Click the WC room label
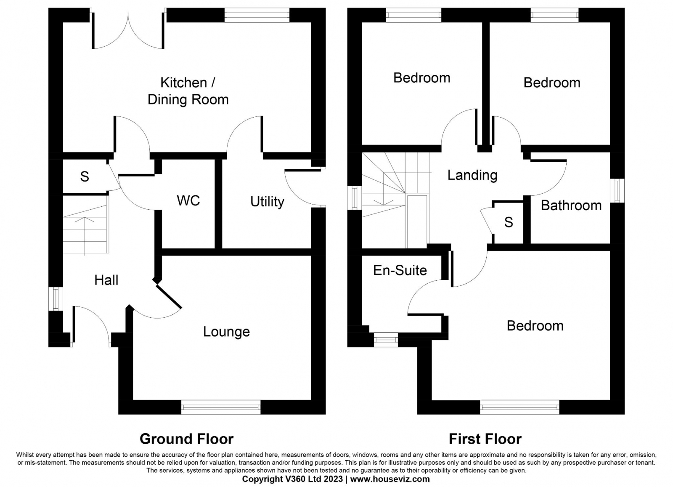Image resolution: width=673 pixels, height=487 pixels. click(x=188, y=200)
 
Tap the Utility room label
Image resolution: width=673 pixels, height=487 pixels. click(x=267, y=202)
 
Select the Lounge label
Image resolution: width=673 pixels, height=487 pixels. click(x=227, y=332)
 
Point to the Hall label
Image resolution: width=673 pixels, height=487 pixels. click(x=106, y=280)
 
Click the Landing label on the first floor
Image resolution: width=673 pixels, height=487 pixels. click(x=472, y=175)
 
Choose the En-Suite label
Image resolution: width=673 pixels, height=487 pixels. click(x=400, y=270)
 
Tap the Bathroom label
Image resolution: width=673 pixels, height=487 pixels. click(x=571, y=205)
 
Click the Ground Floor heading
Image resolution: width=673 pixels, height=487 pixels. click(x=187, y=439)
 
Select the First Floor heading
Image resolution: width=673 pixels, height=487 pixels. click(x=485, y=439)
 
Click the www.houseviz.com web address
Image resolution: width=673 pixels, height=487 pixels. click(x=390, y=479)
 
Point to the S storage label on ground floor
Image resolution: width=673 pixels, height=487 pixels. click(x=85, y=176)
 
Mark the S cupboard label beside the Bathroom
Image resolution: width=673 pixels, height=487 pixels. click(x=509, y=222)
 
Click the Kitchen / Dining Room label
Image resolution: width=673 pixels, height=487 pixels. click(x=188, y=91)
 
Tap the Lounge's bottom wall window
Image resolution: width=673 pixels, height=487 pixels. click(x=221, y=407)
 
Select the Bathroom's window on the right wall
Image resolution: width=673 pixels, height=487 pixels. click(x=617, y=190)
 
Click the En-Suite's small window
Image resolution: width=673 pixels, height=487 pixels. click(x=386, y=340)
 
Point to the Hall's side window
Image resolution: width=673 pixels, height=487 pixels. click(x=56, y=299)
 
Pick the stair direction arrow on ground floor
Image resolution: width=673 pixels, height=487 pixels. click(x=85, y=236)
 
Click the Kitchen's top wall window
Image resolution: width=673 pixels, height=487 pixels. click(x=257, y=15)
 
